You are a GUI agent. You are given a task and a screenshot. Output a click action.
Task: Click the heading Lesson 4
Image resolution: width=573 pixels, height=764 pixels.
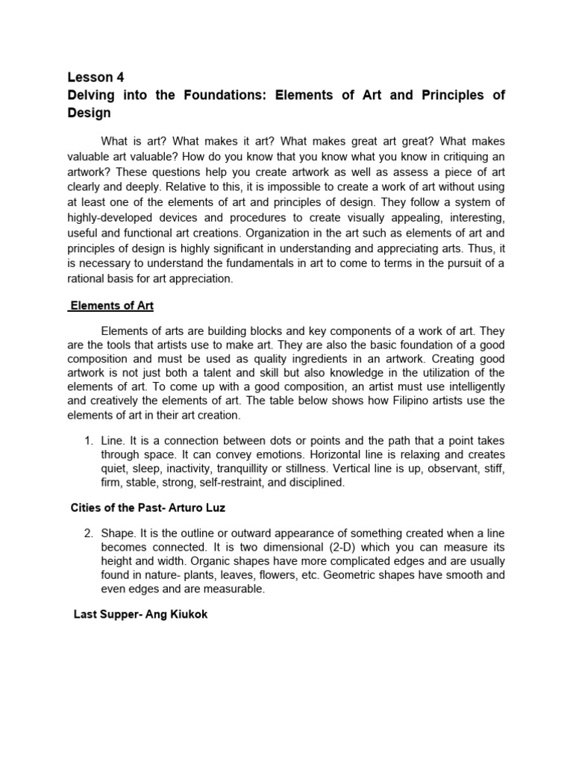coord(95,77)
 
